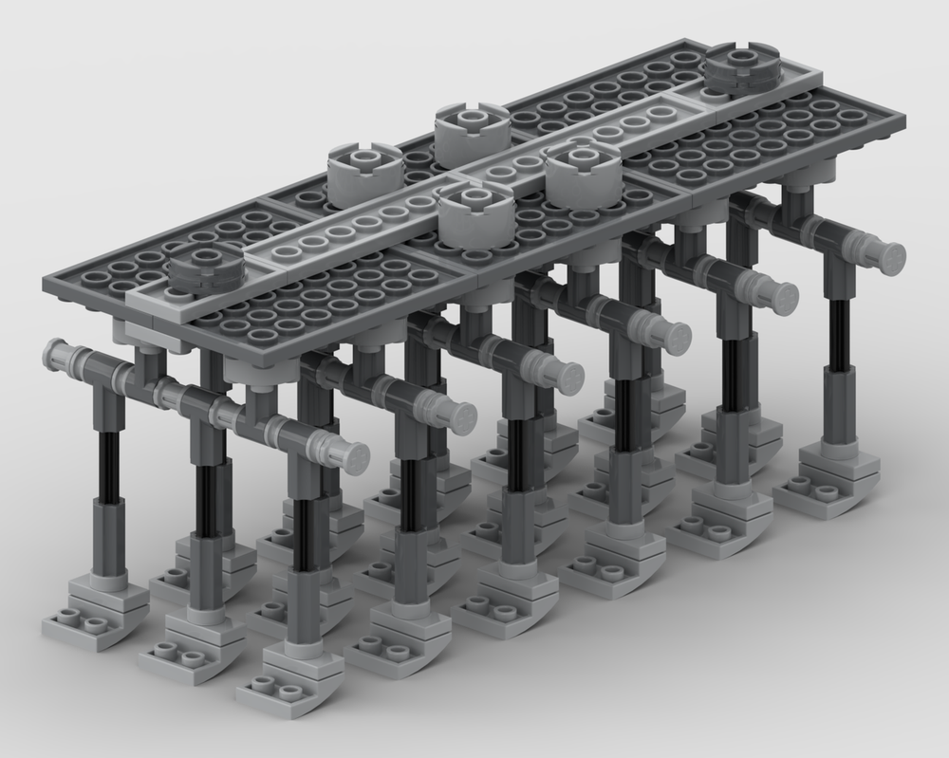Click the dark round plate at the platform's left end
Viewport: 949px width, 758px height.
[x=206, y=268]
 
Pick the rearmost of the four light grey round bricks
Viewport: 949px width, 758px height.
[x=472, y=131]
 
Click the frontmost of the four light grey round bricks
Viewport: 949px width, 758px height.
[x=475, y=213]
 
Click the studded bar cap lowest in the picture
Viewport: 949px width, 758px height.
[x=351, y=458]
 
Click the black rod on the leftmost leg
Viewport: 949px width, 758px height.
[x=110, y=465]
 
